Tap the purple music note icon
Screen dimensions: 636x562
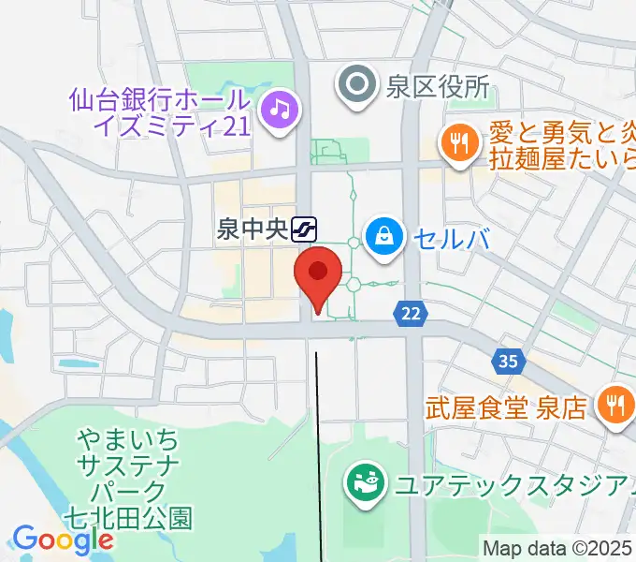pyautogui.click(x=279, y=111)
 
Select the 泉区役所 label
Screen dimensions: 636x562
pyautogui.click(x=437, y=87)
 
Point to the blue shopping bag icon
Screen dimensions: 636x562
pyautogui.click(x=384, y=234)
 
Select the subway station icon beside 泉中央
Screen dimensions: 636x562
pyautogui.click(x=304, y=228)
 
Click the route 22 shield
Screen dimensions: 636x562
pyautogui.click(x=412, y=315)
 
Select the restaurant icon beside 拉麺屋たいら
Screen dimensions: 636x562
pyautogui.click(x=458, y=141)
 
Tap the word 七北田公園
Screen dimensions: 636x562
pyautogui.click(x=128, y=516)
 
